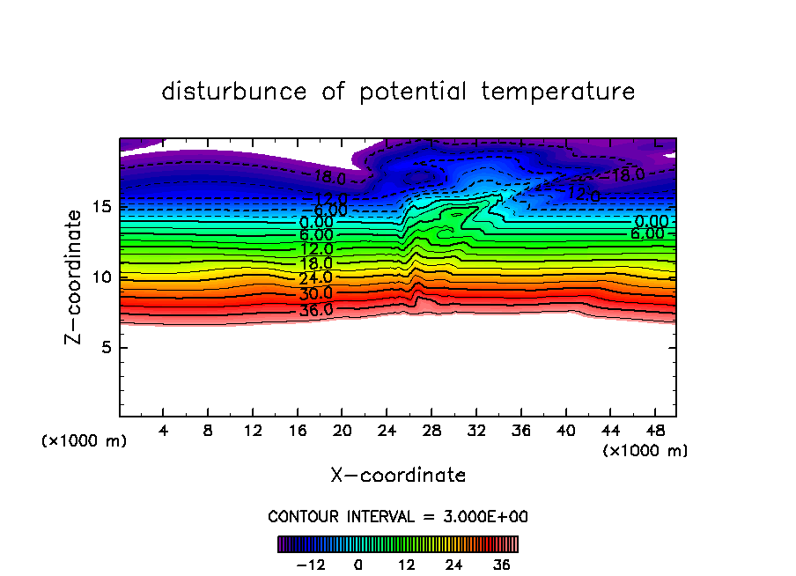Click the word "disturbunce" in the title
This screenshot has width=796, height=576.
point(234,92)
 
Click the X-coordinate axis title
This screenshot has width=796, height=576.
point(398,476)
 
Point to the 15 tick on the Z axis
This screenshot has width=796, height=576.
point(102,207)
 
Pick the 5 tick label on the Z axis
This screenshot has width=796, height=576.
point(102,348)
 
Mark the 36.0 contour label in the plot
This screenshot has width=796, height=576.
point(316,310)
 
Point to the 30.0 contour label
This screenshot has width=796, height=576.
point(316,294)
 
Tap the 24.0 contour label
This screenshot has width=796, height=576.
point(316,279)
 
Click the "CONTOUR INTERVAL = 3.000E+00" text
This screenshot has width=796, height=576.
point(398,516)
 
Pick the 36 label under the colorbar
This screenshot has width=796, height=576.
point(502,565)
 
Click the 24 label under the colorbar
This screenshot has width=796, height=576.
point(454,565)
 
